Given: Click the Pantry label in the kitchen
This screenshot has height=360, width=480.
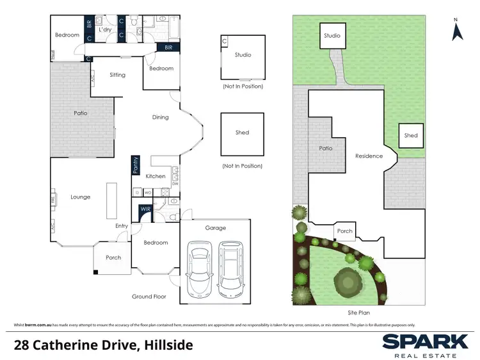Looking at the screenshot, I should (x=135, y=165).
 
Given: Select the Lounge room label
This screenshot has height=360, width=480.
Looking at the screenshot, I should (x=80, y=197).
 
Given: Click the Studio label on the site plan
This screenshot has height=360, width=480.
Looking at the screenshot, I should (x=332, y=36).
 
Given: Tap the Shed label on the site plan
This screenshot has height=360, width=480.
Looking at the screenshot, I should (x=411, y=135).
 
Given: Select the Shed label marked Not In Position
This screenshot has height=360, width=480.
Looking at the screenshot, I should (x=242, y=133).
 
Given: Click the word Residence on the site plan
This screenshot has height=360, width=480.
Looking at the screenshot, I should (x=369, y=156).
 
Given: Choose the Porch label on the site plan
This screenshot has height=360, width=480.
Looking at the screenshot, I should (x=344, y=231).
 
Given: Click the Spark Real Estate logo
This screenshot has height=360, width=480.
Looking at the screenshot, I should (x=424, y=344).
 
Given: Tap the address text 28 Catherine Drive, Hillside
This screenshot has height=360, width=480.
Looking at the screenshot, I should (x=103, y=345).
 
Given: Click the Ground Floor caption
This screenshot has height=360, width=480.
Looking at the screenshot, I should (x=149, y=297).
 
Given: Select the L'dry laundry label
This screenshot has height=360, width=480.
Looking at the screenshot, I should (x=106, y=29).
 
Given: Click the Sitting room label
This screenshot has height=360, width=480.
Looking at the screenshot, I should (x=117, y=75).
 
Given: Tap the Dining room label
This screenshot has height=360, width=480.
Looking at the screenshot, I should (x=161, y=117).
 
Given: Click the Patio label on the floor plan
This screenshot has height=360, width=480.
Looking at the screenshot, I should (x=80, y=113).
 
